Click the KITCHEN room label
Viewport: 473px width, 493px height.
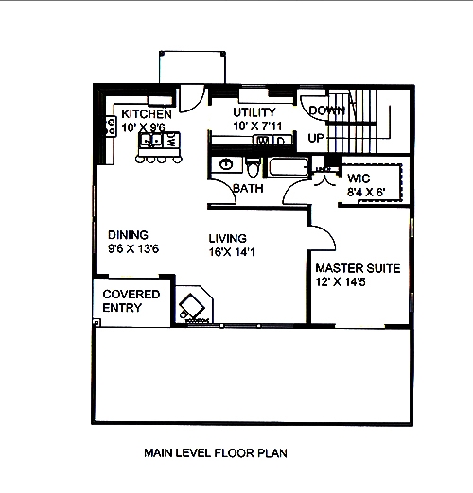click(x=147, y=113)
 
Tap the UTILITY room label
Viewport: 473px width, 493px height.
click(x=254, y=112)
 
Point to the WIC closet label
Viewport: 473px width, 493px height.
click(x=358, y=178)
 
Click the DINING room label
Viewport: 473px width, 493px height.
click(x=128, y=235)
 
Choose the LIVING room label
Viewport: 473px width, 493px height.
click(x=227, y=237)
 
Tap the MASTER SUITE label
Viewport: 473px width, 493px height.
click(x=358, y=268)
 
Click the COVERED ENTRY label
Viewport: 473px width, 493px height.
click(x=131, y=301)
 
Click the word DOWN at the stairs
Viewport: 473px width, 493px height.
click(x=326, y=111)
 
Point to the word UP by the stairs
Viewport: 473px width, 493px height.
click(x=317, y=138)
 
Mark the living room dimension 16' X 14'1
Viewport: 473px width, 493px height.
click(x=228, y=251)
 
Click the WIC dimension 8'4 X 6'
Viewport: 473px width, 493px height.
click(x=365, y=192)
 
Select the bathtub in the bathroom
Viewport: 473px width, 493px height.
click(x=286, y=169)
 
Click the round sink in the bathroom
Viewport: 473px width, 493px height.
click(x=226, y=164)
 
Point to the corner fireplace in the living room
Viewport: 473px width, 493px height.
click(x=196, y=305)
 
